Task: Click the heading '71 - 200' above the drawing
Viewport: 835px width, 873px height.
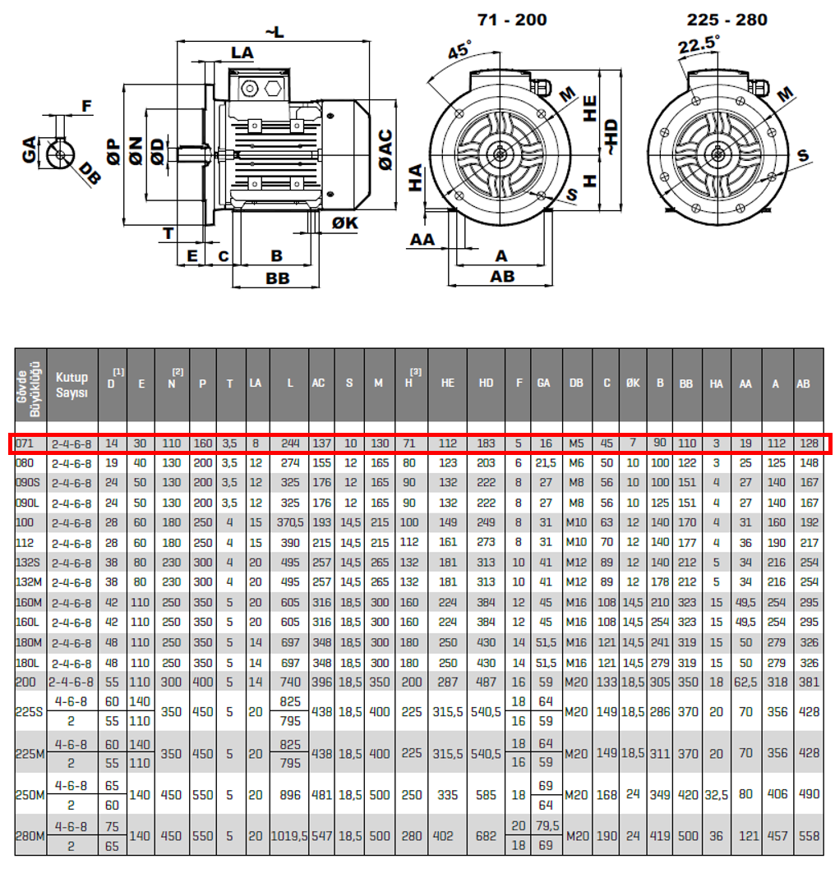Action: pyautogui.click(x=511, y=19)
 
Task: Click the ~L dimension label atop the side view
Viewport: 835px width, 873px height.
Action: pyautogui.click(x=274, y=31)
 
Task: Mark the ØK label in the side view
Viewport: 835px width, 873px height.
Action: pyautogui.click(x=345, y=223)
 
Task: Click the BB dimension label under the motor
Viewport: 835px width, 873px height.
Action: pyautogui.click(x=278, y=278)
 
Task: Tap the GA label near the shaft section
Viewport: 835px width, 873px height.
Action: pyautogui.click(x=30, y=150)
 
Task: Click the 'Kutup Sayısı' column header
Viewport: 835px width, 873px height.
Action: pyautogui.click(x=72, y=384)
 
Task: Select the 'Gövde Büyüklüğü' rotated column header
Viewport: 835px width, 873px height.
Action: pyautogui.click(x=30, y=384)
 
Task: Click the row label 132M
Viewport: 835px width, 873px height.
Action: pyautogui.click(x=29, y=583)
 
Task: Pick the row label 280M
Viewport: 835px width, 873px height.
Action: pyautogui.click(x=29, y=836)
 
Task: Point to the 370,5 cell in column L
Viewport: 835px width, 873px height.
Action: pyautogui.click(x=289, y=523)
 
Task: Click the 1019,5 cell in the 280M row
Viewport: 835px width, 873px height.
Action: pyautogui.click(x=289, y=836)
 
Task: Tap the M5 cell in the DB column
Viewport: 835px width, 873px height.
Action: pyautogui.click(x=577, y=443)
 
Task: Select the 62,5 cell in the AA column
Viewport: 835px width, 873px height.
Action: pyautogui.click(x=746, y=682)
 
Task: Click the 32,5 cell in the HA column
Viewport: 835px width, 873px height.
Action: pyautogui.click(x=717, y=795)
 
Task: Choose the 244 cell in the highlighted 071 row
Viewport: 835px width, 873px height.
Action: pyautogui.click(x=289, y=443)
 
